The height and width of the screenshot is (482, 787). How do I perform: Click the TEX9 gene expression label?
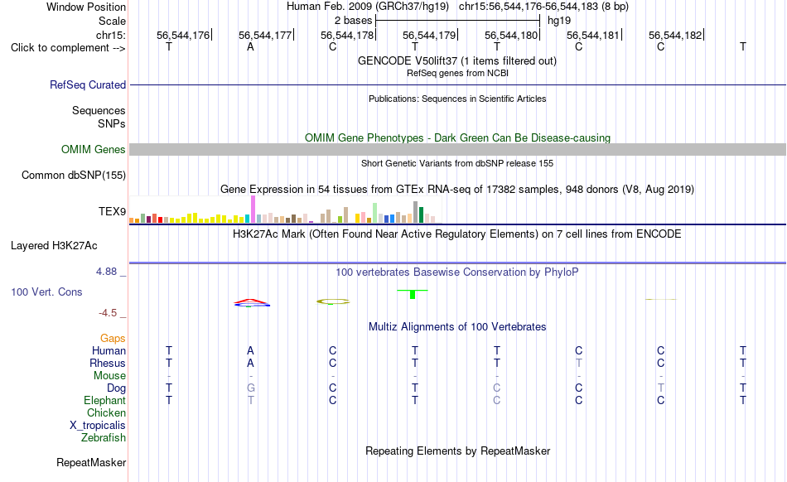112,212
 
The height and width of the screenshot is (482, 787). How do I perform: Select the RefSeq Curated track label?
88,84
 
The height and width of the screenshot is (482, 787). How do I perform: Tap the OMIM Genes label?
94,149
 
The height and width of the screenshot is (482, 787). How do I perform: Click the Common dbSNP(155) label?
74,175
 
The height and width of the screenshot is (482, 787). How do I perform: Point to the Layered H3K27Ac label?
54,246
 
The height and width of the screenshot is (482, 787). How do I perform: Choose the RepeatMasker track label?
91,462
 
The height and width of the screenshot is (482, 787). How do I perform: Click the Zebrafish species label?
104,438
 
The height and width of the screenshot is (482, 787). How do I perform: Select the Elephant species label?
105,400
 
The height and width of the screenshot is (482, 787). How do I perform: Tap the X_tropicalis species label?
98,426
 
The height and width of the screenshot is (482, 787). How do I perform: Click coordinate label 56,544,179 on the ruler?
429,35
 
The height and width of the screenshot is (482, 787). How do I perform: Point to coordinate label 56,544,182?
675,35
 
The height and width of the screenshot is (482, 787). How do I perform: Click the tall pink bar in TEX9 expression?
253,210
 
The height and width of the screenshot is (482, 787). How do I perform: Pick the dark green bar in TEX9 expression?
422,214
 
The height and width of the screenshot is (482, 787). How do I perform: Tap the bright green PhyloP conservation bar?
413,294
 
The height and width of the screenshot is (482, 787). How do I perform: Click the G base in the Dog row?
251,388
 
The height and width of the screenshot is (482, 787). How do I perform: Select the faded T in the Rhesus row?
579,363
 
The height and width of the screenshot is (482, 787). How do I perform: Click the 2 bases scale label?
354,21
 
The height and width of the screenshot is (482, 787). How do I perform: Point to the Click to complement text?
68,48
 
